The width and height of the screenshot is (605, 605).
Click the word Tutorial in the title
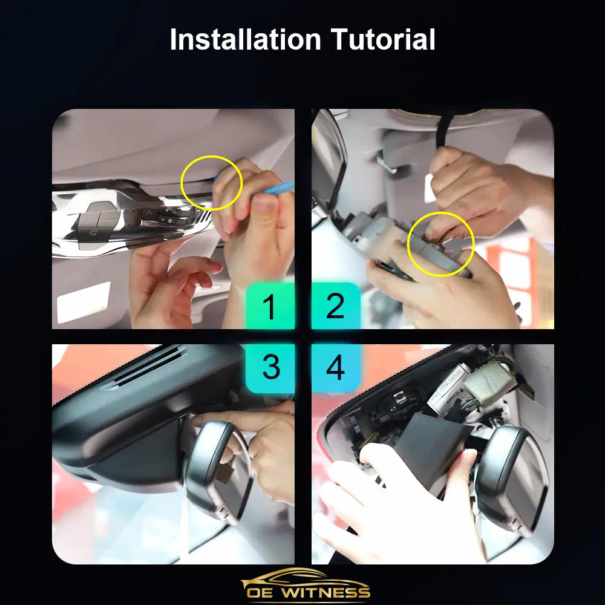click(x=383, y=39)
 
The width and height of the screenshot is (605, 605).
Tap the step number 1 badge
click(x=270, y=306)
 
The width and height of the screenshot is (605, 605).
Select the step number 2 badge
click(x=336, y=306)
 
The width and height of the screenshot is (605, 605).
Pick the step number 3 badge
click(x=270, y=368)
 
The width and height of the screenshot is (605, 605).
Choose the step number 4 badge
click(x=336, y=368)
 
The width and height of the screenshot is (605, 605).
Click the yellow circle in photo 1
click(x=181, y=183)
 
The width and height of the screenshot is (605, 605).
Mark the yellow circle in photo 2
click(x=408, y=244)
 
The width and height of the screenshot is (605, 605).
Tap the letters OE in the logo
click(x=260, y=592)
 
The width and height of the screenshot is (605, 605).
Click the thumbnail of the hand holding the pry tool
click(x=173, y=219)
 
